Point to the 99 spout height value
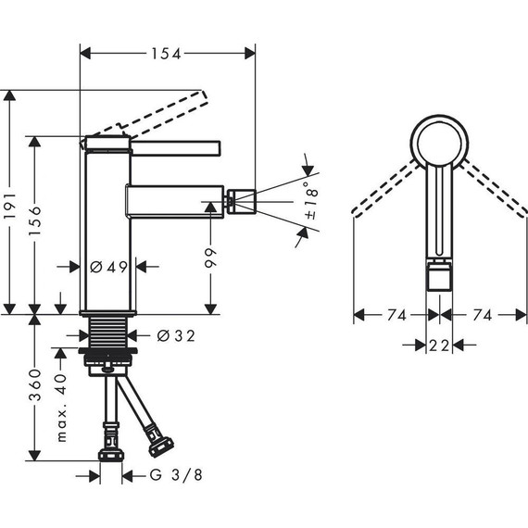210,254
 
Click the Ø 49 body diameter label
109,267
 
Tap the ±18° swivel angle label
310,205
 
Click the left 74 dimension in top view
397,316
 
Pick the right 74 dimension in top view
481,316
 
